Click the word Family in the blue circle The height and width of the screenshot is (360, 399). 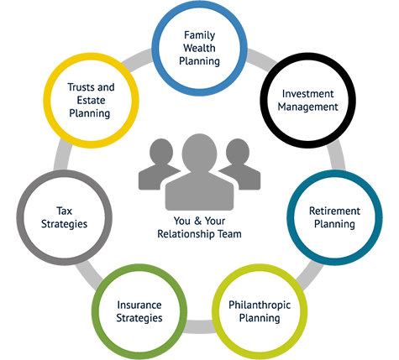199,35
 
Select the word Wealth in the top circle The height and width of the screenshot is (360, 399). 199,48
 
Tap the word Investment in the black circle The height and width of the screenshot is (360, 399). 307,94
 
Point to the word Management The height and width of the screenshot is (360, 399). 307,107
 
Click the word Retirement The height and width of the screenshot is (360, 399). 334,211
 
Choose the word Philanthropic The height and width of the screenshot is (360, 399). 260,305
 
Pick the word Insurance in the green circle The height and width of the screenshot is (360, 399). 139,305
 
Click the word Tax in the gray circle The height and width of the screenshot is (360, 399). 64,211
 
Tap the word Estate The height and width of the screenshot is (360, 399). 91,100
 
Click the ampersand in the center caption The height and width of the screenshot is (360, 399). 197,221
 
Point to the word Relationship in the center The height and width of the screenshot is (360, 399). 186,234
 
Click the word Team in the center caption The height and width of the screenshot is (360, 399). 229,234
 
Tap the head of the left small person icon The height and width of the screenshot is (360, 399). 161,151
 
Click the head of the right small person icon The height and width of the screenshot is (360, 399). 238,151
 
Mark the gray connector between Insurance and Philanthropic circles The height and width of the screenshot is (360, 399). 199,326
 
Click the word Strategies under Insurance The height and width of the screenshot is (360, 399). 139,318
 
